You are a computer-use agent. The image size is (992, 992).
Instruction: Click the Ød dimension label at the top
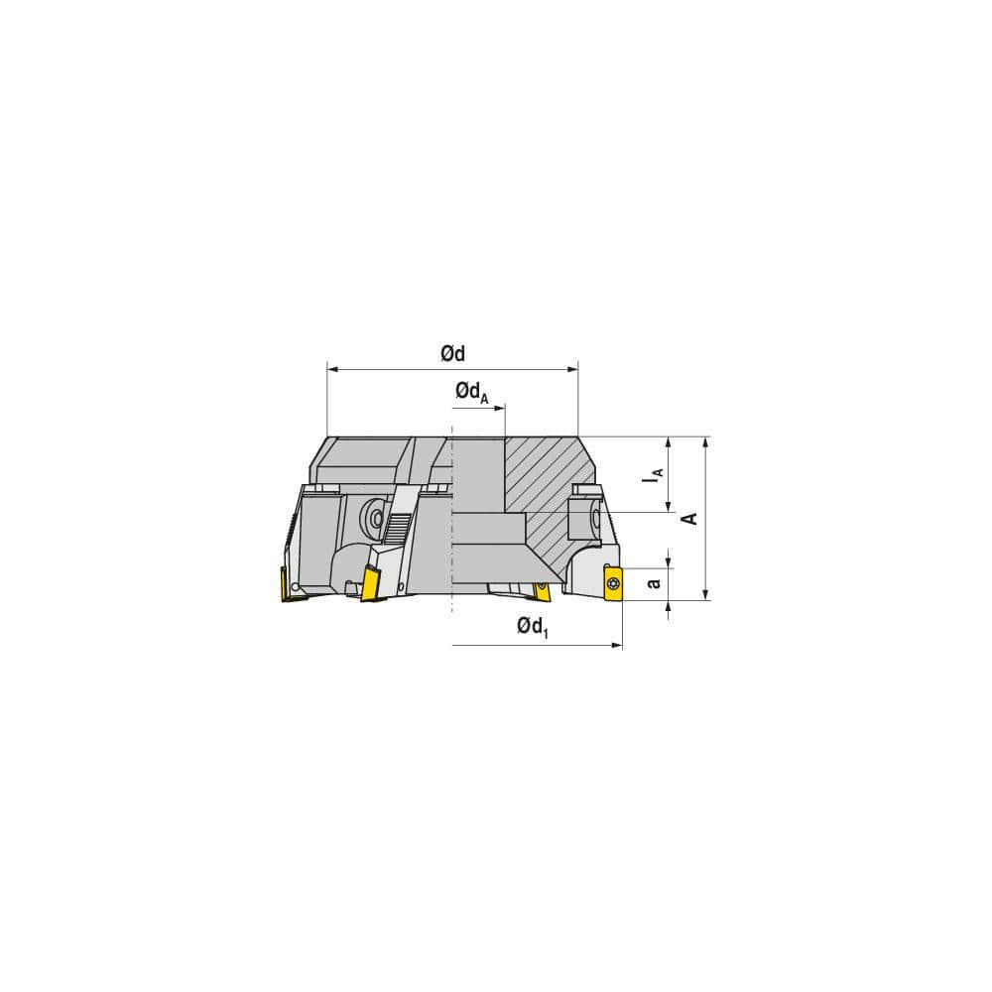point(452,353)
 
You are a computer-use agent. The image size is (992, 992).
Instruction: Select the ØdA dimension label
point(470,394)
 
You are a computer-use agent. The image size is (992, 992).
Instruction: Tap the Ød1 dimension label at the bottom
point(532,627)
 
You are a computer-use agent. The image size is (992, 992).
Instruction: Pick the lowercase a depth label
point(653,583)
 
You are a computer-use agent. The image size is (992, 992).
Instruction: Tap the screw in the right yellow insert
point(612,582)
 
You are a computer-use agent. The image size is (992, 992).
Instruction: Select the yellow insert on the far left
point(289,585)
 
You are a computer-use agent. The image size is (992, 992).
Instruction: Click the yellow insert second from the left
point(373,582)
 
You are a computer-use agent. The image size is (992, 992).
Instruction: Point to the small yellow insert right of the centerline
point(542,591)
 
